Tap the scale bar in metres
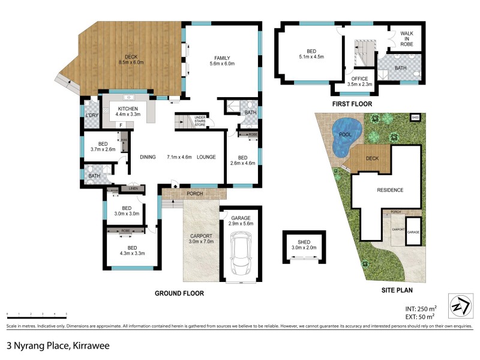36,314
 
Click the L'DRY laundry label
91,115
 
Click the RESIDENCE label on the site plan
389,190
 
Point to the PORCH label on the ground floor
194,193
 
